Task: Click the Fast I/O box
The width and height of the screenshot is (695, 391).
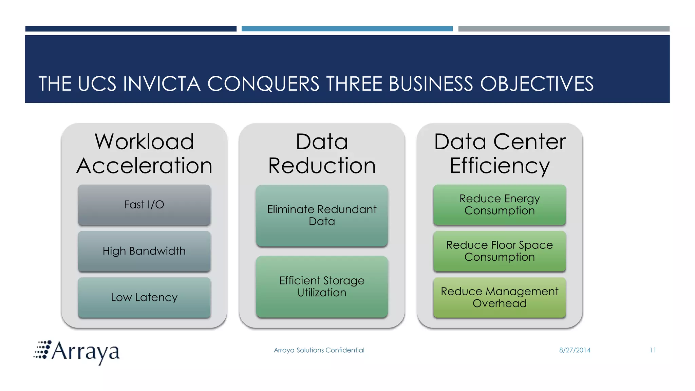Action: click(x=144, y=205)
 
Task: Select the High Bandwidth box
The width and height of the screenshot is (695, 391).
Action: click(x=144, y=251)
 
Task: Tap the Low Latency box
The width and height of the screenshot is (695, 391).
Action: click(x=144, y=298)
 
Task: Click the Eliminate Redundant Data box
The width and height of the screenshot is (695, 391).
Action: click(x=322, y=216)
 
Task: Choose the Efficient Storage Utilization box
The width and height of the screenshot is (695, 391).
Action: click(x=322, y=287)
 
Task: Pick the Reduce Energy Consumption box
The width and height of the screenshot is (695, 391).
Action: click(x=500, y=205)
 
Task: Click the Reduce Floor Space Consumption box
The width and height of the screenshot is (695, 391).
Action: click(x=500, y=251)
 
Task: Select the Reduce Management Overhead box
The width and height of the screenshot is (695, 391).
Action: click(x=500, y=298)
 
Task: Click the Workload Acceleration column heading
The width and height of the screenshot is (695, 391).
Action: click(x=144, y=154)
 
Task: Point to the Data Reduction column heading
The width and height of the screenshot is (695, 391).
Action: click(x=322, y=154)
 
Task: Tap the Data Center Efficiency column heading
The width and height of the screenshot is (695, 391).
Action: click(x=500, y=154)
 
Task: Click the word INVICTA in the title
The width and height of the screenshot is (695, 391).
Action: click(x=162, y=84)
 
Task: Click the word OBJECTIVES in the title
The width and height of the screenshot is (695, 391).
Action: click(x=537, y=84)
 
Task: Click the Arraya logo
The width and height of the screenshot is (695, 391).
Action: click(x=77, y=352)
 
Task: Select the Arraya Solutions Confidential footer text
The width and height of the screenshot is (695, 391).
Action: click(x=319, y=350)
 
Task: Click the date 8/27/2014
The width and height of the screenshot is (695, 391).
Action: click(x=575, y=350)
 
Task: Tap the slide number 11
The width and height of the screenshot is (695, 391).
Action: click(x=653, y=350)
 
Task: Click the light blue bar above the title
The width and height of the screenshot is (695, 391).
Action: click(x=347, y=29)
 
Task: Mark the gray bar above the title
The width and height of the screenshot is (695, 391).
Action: click(x=564, y=29)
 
